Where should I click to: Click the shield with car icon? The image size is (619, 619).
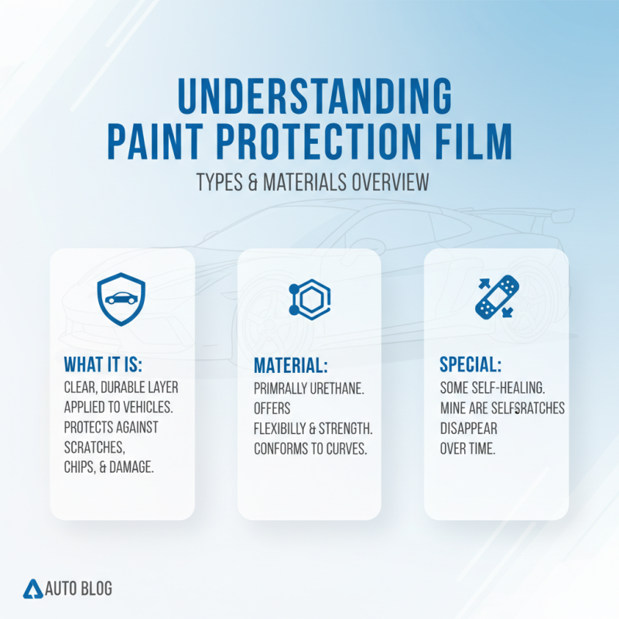(121, 299)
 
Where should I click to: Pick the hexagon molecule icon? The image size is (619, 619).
(309, 298)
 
